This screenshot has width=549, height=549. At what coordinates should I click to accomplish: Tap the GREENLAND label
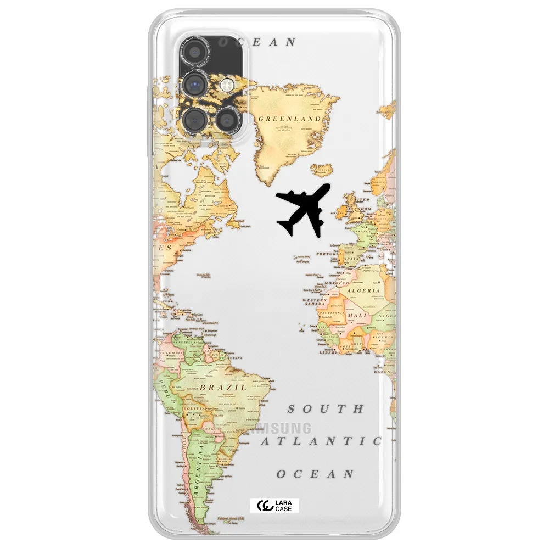point(289,119)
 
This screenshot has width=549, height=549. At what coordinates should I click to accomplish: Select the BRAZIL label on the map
point(222,388)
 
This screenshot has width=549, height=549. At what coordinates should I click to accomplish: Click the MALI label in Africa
point(357,316)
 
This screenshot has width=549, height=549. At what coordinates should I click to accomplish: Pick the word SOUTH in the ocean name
point(326,409)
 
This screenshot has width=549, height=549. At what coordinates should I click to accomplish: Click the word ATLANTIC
point(322,441)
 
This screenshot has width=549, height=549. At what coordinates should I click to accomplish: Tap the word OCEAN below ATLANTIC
point(315,474)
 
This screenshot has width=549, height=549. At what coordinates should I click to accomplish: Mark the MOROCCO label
point(337,283)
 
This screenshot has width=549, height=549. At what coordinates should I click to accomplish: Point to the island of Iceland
point(323,170)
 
